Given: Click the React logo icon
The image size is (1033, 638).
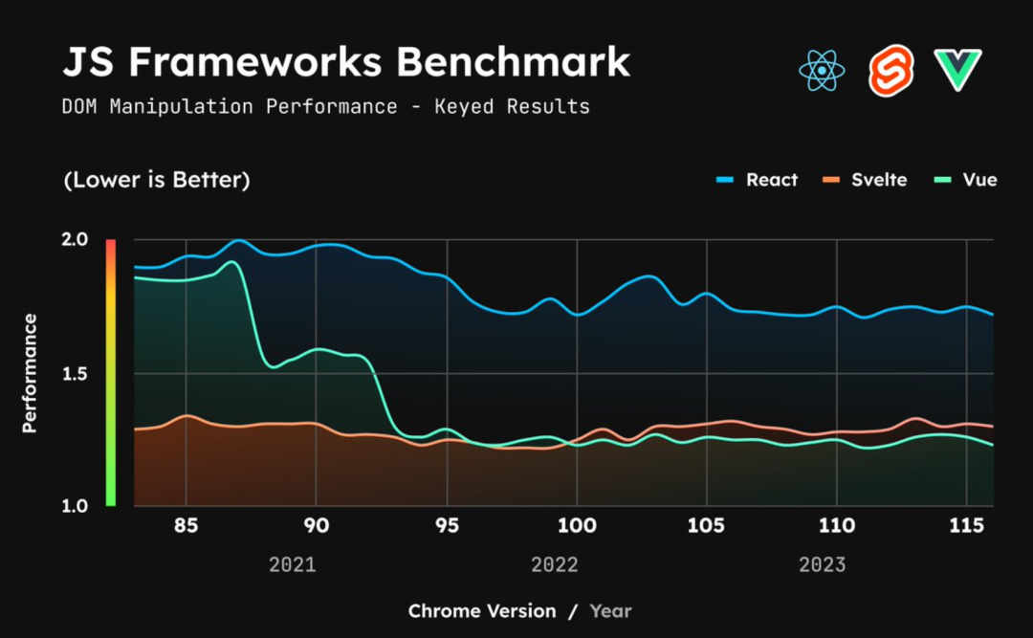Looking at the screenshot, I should [822, 71].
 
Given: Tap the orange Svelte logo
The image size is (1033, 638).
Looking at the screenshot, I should [890, 71].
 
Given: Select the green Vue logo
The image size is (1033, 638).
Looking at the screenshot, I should [958, 70].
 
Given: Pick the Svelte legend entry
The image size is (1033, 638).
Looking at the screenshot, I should [866, 180].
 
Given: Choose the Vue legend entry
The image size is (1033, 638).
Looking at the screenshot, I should [966, 180].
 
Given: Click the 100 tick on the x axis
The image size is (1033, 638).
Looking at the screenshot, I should [576, 525].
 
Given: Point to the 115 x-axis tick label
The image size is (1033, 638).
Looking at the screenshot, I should [966, 525].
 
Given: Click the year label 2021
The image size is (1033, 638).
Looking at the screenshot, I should [292, 564].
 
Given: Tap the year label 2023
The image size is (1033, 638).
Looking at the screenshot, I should [822, 564].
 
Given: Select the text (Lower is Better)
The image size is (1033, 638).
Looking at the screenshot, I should [157, 180].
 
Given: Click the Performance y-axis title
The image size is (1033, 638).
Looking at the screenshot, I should [30, 373].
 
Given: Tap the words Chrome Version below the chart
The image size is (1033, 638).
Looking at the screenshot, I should [482, 610].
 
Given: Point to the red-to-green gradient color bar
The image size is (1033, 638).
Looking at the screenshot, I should [110, 373].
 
